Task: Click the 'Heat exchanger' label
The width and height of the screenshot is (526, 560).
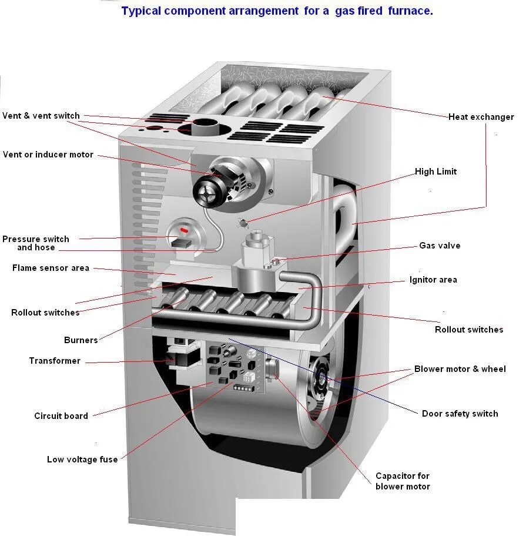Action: (481, 117)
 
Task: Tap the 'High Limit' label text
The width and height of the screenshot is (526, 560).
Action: (435, 172)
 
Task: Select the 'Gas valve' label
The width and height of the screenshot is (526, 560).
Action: (440, 246)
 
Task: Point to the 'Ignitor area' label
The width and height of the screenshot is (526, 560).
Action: (433, 280)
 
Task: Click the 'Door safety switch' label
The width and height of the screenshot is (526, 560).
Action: (460, 414)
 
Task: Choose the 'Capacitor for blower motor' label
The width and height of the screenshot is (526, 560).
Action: (403, 481)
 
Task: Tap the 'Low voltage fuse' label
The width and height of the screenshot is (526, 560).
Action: (82, 460)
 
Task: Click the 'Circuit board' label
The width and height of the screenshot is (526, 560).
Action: (61, 416)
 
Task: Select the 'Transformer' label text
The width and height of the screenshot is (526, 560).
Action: (55, 361)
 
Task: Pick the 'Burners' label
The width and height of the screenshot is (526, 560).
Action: (81, 340)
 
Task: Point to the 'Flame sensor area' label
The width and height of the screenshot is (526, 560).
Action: (51, 268)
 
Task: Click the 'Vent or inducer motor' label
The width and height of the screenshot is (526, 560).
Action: (48, 155)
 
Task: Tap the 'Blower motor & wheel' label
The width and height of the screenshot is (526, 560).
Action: (460, 369)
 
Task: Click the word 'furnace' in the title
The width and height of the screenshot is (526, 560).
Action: (410, 11)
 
